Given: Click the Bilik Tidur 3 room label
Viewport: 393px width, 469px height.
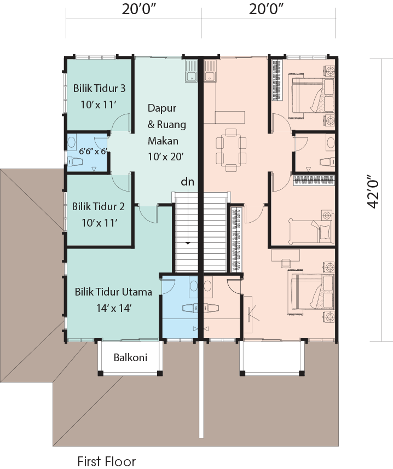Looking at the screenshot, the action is (x=99, y=88).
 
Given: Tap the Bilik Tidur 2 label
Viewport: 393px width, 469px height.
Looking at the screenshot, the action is (x=99, y=206).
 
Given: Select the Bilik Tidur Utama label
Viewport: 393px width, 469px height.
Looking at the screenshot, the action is (x=113, y=292).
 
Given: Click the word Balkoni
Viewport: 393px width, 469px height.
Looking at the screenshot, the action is (x=130, y=357).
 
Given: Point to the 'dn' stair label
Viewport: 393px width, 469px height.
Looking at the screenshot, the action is (x=188, y=182).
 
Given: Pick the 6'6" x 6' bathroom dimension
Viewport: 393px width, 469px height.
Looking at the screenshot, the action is (x=93, y=152).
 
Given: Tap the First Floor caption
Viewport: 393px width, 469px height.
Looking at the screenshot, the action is (x=107, y=461).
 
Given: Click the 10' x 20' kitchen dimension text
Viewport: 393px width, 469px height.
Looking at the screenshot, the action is (x=166, y=157).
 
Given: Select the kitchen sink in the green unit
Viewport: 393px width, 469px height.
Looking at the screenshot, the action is (x=191, y=71).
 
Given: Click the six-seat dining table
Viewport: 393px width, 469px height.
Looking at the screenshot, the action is (x=231, y=150).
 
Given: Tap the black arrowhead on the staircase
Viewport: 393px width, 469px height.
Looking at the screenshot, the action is (x=188, y=243).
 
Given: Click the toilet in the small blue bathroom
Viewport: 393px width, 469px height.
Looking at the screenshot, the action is (x=75, y=162).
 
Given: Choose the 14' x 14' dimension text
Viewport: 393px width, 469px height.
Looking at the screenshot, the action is (x=114, y=308).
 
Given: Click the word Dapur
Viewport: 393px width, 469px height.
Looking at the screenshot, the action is (x=162, y=108).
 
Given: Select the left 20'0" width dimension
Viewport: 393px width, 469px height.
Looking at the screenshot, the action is (x=139, y=9).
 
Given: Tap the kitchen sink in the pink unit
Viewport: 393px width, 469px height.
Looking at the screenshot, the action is (x=210, y=71).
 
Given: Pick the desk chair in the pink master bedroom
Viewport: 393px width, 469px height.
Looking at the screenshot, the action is (x=286, y=263).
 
